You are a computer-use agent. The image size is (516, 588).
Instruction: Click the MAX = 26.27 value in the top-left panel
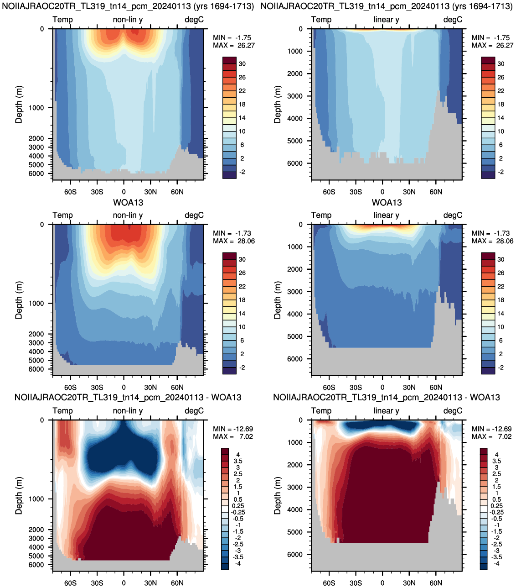(234, 46)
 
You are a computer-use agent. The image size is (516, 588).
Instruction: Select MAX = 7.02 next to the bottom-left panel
(233, 437)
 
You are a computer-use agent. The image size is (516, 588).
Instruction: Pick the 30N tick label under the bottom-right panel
(409, 583)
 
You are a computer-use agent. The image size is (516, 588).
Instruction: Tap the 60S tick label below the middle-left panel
(71, 387)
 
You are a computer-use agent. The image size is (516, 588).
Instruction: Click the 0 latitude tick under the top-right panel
(382, 192)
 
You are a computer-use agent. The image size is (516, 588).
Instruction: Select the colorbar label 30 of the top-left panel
(242, 64)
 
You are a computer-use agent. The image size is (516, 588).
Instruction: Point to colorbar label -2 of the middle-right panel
(501, 367)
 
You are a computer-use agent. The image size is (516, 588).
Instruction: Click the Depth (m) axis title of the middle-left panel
(19, 300)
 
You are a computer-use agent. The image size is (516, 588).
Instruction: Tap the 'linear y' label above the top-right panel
(387, 20)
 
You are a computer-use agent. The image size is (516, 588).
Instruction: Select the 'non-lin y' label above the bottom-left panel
(128, 411)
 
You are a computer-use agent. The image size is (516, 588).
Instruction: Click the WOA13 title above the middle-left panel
(128, 202)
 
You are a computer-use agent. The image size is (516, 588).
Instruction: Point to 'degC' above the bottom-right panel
(453, 411)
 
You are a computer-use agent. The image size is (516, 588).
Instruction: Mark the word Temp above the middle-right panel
(321, 215)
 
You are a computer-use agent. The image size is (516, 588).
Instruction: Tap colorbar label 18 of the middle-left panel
(242, 300)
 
